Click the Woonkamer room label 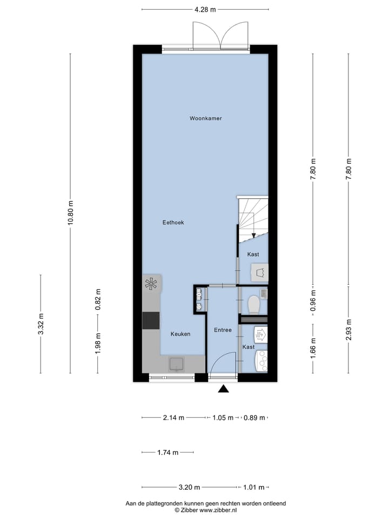pos(206,118)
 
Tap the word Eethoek pos(173,222)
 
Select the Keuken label pos(180,334)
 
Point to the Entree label pos(223,330)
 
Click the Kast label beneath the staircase pos(253,254)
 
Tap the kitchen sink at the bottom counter pos(176,364)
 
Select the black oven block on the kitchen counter pos(151,321)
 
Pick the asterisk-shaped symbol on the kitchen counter pos(151,283)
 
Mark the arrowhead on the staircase pos(253,235)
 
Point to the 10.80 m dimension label pos(70,214)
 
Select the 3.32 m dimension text pos(41,324)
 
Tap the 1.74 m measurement pos(167,453)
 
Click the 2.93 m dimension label pos(349,330)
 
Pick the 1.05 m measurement pos(223,418)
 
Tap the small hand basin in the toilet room pos(263,294)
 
